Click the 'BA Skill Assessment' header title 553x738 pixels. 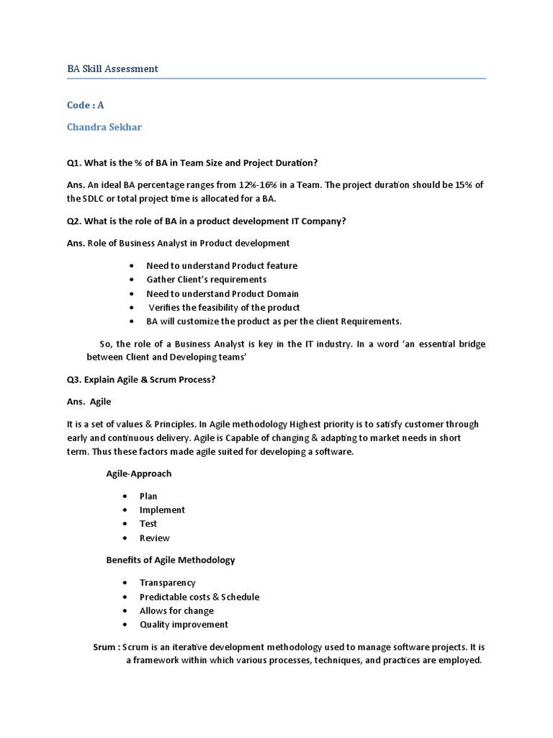coord(112,68)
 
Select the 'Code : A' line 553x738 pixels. coord(86,105)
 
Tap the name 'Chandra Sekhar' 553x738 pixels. coord(104,127)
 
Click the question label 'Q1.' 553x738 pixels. coord(75,162)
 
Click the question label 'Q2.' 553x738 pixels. coord(75,221)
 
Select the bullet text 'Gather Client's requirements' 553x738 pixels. coord(206,279)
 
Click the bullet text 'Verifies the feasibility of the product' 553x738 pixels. coord(224,307)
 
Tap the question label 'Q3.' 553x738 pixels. coord(75,379)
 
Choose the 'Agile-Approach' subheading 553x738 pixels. coord(139,474)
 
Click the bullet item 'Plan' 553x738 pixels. coord(148,496)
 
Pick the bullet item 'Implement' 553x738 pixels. coord(162,510)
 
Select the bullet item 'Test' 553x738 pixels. coord(148,523)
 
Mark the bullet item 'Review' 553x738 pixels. coord(154,538)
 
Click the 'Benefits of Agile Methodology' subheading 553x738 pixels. coord(171,559)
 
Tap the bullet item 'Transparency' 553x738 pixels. coord(167,582)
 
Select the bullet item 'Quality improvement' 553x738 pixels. coord(184,624)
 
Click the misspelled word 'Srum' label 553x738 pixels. coord(104,647)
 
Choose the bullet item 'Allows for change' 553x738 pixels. coord(176,610)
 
